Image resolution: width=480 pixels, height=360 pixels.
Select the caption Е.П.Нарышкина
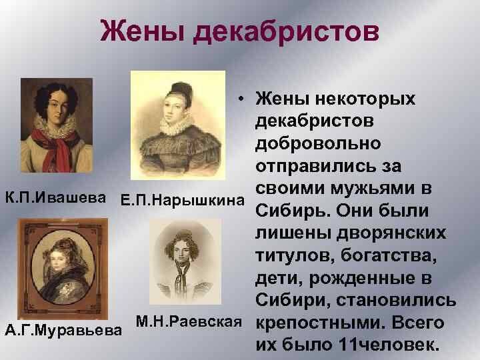pyautogui.click(x=181, y=200)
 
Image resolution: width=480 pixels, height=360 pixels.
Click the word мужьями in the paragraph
pyautogui.click(x=393, y=189)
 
